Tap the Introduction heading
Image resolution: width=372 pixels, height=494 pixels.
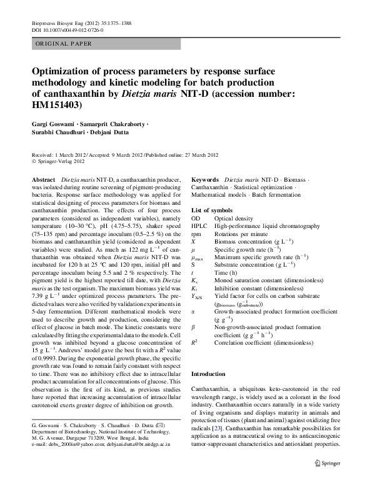(208, 373)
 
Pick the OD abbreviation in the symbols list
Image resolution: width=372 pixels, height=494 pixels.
(196, 219)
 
